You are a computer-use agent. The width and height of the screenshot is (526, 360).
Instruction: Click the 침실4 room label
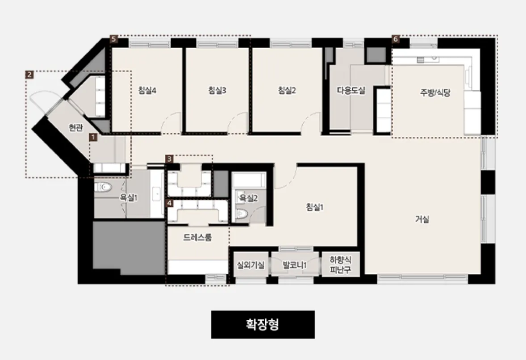coord(147,90)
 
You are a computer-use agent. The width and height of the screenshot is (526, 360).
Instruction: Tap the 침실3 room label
coord(217,90)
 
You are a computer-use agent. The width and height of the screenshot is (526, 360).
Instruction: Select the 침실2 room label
coord(287,90)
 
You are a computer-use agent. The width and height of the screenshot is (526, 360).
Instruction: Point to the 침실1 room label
coord(314,207)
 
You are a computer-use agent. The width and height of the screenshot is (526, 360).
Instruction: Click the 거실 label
coord(422,219)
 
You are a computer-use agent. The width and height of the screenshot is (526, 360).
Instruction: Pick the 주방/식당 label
coord(435,92)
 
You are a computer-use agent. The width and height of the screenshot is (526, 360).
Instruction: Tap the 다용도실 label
coord(351,90)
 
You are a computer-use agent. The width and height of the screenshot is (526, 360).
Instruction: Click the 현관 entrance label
coord(76,127)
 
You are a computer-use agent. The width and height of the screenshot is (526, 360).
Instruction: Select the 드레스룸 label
coord(198,238)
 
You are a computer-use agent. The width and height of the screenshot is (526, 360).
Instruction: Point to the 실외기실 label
coord(250,265)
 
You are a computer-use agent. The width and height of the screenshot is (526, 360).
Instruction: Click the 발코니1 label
coord(295,265)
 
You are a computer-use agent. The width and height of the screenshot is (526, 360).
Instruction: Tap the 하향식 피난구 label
coord(341,265)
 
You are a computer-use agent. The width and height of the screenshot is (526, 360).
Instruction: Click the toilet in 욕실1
coord(103,187)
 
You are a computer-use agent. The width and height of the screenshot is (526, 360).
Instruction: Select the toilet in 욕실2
coord(242,213)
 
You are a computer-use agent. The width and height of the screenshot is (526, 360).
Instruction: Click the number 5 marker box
coord(114,39)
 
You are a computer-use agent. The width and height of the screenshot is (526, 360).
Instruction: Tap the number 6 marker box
coord(396,39)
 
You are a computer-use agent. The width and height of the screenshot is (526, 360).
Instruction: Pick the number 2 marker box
coord(29,75)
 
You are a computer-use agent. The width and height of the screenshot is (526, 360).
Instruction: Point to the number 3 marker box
coord(169,159)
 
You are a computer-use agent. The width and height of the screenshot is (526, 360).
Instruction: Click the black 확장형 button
coord(263,324)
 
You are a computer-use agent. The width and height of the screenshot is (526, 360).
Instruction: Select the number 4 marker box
coord(169,203)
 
